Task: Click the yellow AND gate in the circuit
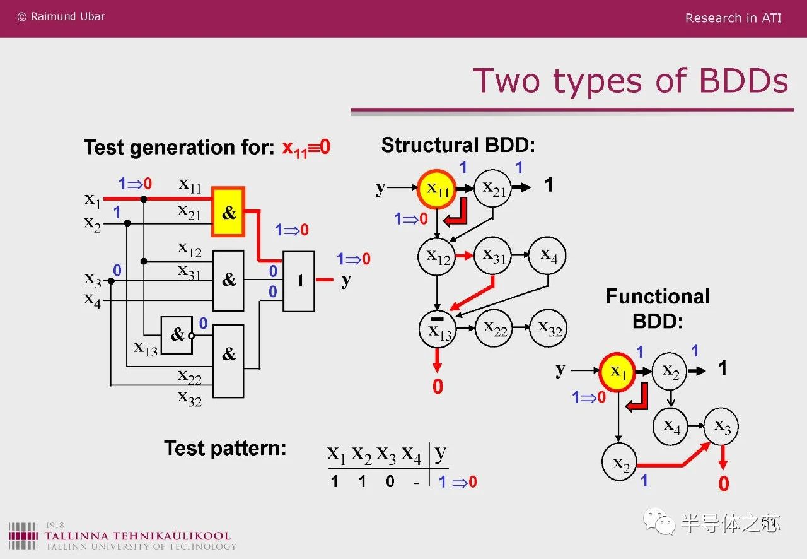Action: tap(228, 212)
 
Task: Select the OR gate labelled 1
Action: tap(299, 281)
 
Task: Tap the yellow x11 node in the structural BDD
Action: tap(437, 189)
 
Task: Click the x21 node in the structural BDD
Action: tap(492, 188)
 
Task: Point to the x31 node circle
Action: tap(492, 256)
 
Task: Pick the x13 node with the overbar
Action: tap(438, 329)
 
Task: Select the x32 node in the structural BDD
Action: tap(549, 328)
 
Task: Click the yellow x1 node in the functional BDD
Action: tap(617, 372)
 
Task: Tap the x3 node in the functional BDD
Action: tap(721, 427)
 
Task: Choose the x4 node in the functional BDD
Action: tap(670, 427)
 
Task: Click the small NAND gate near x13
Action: tap(177, 335)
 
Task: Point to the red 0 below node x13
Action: tap(438, 386)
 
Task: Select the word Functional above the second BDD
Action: tap(658, 297)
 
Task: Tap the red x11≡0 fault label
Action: tap(306, 148)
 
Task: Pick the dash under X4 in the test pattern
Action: tap(417, 482)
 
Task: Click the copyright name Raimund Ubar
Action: tap(67, 16)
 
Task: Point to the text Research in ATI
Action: tap(733, 18)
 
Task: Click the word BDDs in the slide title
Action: tap(743, 81)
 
